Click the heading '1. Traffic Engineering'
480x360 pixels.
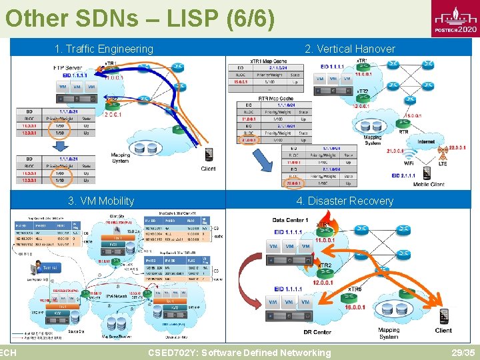(x=104, y=49)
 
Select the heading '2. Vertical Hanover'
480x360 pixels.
(x=349, y=49)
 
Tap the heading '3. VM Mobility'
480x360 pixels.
(x=101, y=201)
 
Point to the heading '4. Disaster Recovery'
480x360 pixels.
(x=345, y=201)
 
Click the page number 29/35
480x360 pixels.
(x=463, y=353)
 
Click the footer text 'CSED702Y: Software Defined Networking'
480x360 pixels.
(x=239, y=353)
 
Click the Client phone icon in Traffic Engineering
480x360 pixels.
(x=209, y=155)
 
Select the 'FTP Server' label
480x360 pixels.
(x=68, y=68)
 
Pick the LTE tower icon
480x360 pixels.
(x=443, y=155)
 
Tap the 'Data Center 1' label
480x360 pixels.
(x=289, y=220)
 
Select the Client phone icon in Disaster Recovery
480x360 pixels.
(x=444, y=317)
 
